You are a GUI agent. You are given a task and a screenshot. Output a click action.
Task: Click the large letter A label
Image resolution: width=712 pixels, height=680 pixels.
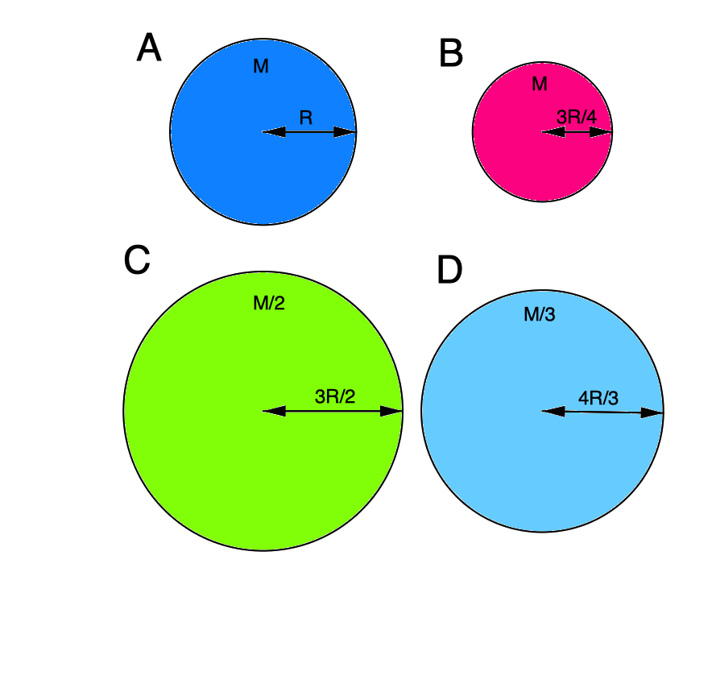pos(149,48)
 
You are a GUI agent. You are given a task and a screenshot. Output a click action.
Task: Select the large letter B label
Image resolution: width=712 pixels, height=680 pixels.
pos(451,53)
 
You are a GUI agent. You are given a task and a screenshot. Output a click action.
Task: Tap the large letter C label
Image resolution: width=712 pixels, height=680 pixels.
pos(137,259)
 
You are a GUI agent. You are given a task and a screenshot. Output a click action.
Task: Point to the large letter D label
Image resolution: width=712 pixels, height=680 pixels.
pos(449,269)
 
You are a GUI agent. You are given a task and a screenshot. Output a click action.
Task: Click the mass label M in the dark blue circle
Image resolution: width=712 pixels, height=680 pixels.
pos(261,66)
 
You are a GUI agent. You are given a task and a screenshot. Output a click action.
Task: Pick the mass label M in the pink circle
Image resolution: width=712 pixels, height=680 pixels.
pos(540,84)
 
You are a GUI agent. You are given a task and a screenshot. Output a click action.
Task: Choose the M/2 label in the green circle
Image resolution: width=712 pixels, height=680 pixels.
pos(269,303)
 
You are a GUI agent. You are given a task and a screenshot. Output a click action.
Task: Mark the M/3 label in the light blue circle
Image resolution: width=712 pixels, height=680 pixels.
pos(540,314)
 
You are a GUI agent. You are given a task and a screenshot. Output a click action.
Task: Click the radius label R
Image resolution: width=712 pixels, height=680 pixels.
pos(306,118)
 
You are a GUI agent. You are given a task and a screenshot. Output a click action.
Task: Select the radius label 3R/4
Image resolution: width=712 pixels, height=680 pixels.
pos(577,117)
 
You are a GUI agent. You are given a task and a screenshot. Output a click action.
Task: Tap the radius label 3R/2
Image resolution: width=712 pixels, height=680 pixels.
pos(335,396)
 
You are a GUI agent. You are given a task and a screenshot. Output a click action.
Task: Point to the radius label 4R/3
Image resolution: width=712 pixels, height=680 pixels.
pos(598,398)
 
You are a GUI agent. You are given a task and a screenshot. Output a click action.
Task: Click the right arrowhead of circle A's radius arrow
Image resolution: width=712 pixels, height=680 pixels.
pos(345,132)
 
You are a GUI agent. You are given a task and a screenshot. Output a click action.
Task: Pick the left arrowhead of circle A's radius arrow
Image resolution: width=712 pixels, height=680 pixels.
pos(274,132)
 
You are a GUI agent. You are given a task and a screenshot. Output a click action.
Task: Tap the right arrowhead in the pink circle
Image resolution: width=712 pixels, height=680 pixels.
pos(601,132)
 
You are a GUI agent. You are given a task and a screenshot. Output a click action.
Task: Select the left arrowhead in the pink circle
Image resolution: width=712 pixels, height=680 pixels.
pos(553,132)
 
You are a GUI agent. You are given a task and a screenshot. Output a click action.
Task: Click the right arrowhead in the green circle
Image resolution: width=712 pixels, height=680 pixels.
pos(391,411)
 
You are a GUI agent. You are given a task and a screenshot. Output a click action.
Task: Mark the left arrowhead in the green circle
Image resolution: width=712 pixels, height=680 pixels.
pos(275,411)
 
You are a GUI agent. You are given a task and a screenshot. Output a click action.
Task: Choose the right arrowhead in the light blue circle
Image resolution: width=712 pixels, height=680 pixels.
pos(652,413)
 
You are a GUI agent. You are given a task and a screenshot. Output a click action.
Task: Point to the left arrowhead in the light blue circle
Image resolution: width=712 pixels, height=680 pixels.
pos(553,411)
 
